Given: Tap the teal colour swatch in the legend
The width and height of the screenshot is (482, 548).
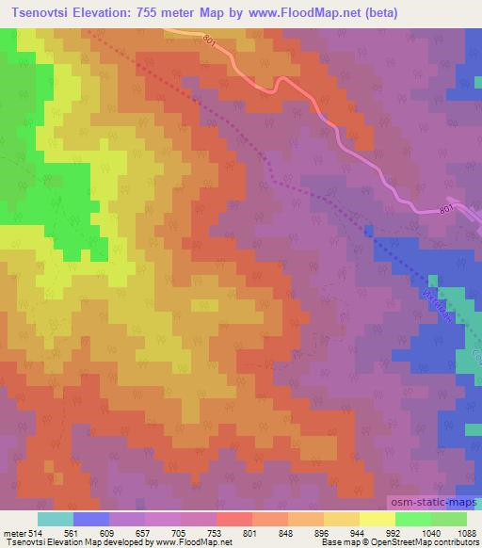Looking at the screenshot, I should click(x=56, y=518).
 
